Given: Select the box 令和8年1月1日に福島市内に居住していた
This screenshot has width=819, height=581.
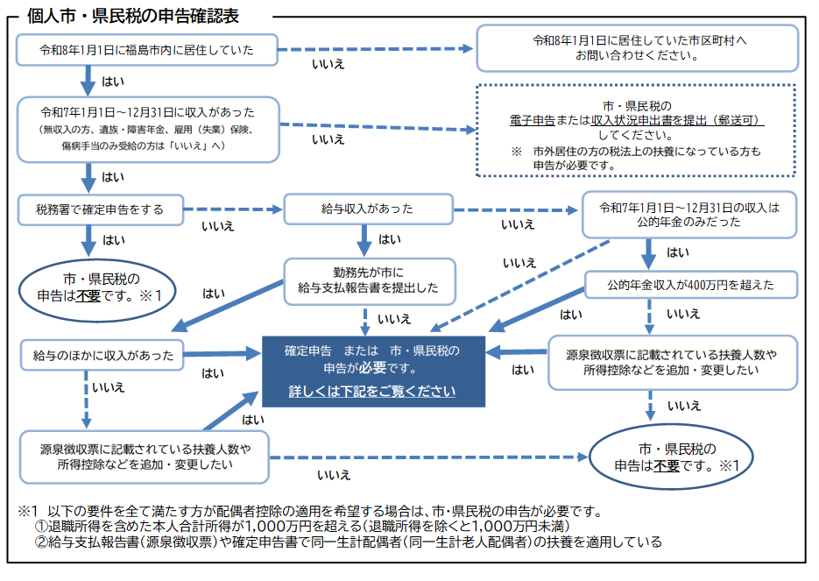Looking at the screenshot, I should (147, 50).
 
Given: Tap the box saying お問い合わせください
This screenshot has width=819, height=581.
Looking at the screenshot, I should (637, 48).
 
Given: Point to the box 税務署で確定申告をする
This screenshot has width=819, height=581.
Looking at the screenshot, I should (100, 210).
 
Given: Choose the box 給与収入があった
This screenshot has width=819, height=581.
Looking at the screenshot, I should (367, 210).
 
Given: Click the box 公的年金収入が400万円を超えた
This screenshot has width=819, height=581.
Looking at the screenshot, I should (691, 286).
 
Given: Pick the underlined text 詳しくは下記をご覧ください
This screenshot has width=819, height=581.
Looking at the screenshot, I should (373, 391).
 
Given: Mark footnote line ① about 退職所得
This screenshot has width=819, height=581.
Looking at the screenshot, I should (302, 526).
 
